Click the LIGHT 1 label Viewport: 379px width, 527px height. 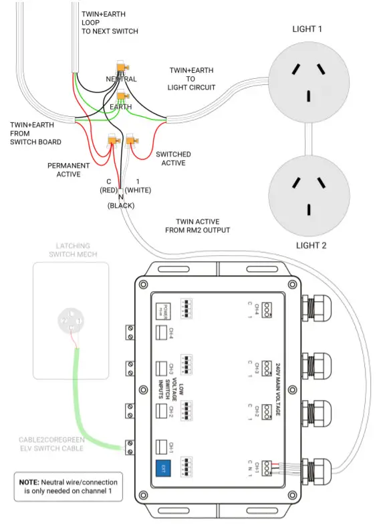pyautogui.click(x=309, y=29)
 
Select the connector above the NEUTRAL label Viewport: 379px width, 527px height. pyautogui.click(x=122, y=67)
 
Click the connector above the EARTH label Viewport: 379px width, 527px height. pyautogui.click(x=122, y=97)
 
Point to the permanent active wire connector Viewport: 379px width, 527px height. pyautogui.click(x=112, y=141)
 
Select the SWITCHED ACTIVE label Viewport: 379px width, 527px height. pyautogui.click(x=173, y=159)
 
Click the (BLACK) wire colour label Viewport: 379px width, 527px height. pyautogui.click(x=121, y=206)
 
